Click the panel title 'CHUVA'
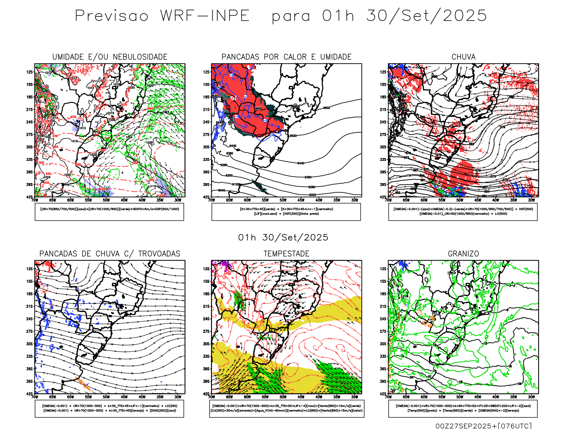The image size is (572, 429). point(463,57)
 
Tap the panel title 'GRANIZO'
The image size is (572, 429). point(463,254)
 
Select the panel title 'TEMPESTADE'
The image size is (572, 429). point(286,254)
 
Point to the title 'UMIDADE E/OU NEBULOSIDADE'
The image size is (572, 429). point(110,57)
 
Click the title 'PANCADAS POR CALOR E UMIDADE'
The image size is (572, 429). point(286,57)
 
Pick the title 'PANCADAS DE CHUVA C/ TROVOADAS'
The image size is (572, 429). point(110,254)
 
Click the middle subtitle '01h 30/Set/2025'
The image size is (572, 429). point(283,238)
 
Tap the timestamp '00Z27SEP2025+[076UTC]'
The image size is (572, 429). point(483,426)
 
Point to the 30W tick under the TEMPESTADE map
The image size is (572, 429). point(355,397)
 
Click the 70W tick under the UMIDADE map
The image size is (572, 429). point(35,200)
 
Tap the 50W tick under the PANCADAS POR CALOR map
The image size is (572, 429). point(283,200)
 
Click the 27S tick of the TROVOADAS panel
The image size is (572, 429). point(29,331)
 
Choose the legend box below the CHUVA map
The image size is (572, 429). point(463,212)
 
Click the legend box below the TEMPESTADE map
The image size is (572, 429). point(286,408)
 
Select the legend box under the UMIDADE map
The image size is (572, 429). point(109,212)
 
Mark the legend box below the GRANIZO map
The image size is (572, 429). point(463,408)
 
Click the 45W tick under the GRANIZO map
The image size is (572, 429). point(478,397)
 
